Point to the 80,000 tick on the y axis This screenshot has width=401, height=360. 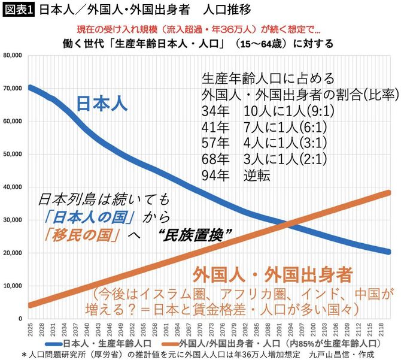coord(13,55)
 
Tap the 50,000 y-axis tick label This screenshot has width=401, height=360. coord(13,154)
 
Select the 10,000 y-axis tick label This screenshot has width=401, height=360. coord(13,286)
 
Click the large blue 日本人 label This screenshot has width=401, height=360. coord(102,104)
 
